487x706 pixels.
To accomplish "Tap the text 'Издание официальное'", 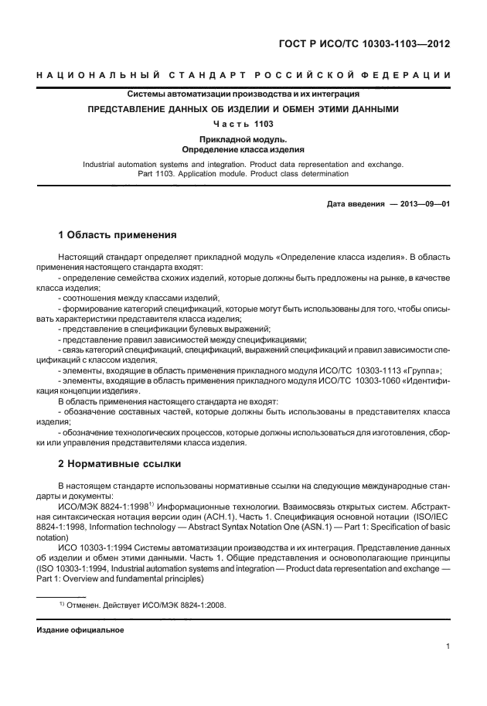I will pyautogui.click(x=80, y=630).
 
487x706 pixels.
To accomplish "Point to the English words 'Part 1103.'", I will pyautogui.click(x=158, y=174).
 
